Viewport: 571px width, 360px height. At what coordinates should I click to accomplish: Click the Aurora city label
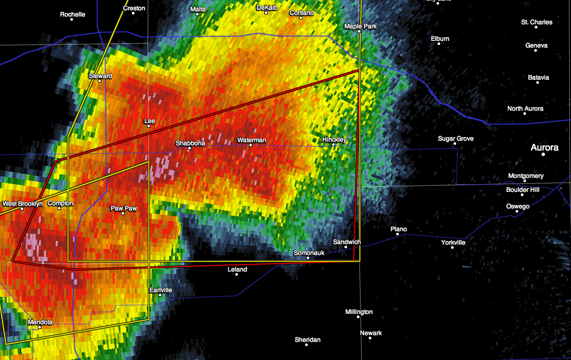(545, 147)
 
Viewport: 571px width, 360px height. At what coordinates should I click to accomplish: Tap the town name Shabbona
(190, 143)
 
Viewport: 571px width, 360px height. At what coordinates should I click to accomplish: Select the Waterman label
(251, 140)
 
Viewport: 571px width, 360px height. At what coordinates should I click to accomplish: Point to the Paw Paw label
(124, 208)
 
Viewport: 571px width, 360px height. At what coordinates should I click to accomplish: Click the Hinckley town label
(334, 140)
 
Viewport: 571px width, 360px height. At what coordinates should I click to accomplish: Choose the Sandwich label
(347, 242)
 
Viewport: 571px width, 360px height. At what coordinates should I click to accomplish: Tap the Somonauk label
(309, 252)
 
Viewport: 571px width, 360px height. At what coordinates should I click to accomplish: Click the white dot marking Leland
(236, 274)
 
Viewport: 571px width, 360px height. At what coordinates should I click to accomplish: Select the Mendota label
(40, 322)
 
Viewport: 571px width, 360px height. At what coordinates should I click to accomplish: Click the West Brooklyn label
(23, 204)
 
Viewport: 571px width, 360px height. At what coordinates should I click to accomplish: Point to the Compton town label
(61, 203)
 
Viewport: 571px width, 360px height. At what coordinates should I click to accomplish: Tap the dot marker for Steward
(99, 81)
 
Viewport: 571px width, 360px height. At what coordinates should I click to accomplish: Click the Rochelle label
(72, 14)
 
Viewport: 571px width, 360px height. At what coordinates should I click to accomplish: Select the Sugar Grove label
(456, 139)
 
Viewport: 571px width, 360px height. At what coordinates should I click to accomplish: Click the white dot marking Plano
(398, 234)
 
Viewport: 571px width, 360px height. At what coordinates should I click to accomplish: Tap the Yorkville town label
(453, 243)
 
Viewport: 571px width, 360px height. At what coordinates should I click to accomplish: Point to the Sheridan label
(308, 340)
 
